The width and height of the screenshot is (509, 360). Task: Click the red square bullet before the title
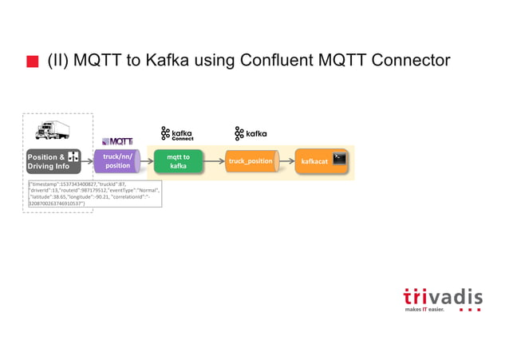click(x=32, y=61)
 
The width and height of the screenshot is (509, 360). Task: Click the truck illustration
click(x=53, y=130)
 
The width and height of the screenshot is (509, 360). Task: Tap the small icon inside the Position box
click(x=73, y=157)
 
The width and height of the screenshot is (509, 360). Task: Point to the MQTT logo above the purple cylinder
click(x=117, y=141)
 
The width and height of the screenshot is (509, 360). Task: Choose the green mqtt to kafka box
click(x=178, y=161)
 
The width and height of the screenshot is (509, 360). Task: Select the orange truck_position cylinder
click(x=251, y=161)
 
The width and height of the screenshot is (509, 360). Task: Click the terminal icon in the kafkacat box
click(x=339, y=158)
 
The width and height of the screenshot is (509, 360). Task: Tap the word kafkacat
click(x=313, y=162)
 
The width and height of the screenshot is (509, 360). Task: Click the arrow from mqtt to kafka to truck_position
click(x=214, y=161)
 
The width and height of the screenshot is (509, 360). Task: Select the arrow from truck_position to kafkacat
click(x=286, y=161)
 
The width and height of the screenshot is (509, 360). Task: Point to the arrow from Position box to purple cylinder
click(x=88, y=161)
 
